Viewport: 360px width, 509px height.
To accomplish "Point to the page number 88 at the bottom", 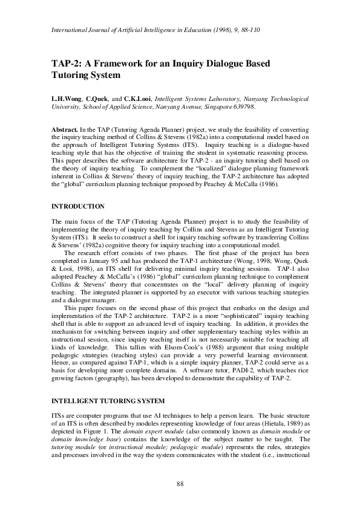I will [x=180, y=482].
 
